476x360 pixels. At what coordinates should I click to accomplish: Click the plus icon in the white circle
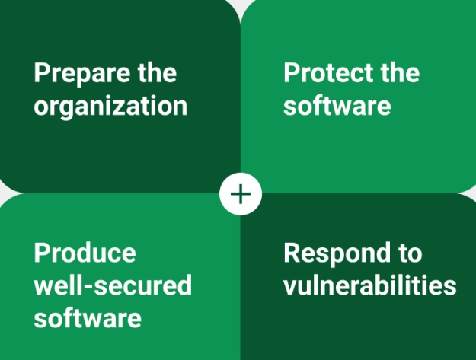click(241, 194)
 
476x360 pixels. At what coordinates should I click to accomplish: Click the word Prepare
click(83, 74)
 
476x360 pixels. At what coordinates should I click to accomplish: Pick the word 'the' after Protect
click(400, 72)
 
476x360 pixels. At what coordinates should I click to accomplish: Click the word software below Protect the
click(337, 105)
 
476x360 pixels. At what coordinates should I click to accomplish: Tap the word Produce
click(85, 253)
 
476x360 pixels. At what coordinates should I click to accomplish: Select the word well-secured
click(113, 285)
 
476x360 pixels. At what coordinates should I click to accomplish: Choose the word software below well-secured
click(88, 317)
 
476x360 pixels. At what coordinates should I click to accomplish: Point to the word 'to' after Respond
click(411, 253)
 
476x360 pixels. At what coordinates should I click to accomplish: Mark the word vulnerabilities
click(369, 285)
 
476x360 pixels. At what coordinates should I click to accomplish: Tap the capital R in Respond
click(292, 253)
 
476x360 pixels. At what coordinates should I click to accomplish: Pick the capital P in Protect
click(292, 72)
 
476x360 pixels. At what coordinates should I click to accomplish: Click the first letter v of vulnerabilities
click(290, 288)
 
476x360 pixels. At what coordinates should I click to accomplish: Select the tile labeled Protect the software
click(358, 97)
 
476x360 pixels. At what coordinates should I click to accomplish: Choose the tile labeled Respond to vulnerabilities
click(358, 276)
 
